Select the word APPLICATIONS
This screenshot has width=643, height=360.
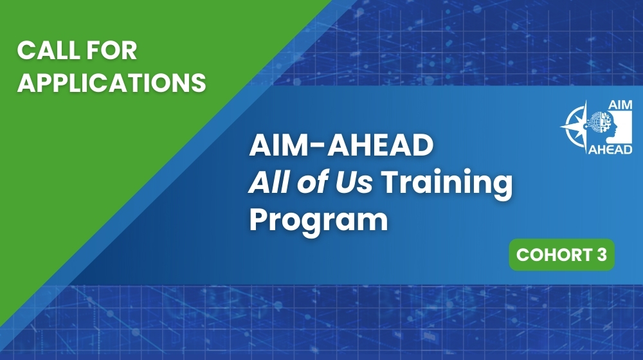tap(111, 82)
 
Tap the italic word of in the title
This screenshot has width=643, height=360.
tap(309, 183)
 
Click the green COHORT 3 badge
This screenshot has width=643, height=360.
tap(561, 255)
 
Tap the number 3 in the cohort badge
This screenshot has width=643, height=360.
tap(601, 255)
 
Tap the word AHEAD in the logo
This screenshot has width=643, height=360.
tap(610, 150)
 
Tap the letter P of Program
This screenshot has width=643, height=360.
tap(258, 219)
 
